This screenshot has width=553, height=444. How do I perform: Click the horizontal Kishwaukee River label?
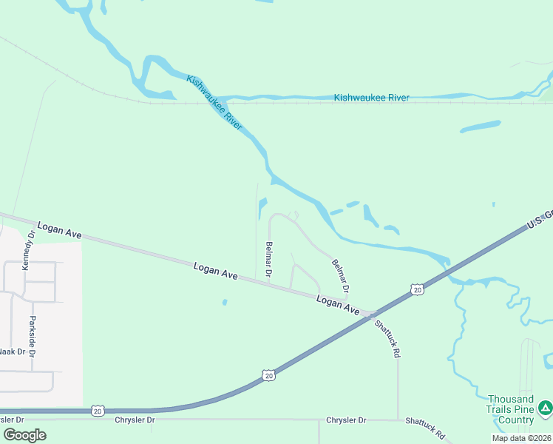tap(371, 98)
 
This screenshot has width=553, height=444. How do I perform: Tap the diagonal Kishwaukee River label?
tap(214, 103)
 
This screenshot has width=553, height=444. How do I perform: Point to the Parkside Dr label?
tap(33, 337)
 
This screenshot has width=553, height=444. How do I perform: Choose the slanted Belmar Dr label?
tap(340, 275)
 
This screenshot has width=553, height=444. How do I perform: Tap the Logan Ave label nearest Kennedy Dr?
tap(59, 230)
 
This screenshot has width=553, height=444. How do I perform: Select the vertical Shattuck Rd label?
tap(387, 339)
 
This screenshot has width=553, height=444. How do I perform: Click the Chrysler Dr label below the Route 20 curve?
tap(135, 420)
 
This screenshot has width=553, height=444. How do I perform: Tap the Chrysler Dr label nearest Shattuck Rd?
tap(346, 420)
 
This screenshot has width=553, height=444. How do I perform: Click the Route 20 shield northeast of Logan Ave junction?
tap(418, 289)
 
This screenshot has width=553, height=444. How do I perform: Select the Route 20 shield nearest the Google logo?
tap(98, 410)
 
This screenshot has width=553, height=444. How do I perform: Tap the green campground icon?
tap(545, 407)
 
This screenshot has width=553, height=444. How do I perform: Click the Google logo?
tap(24, 434)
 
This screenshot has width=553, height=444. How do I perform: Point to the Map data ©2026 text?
tap(521, 438)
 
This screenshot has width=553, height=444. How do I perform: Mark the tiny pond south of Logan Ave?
tap(224, 302)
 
